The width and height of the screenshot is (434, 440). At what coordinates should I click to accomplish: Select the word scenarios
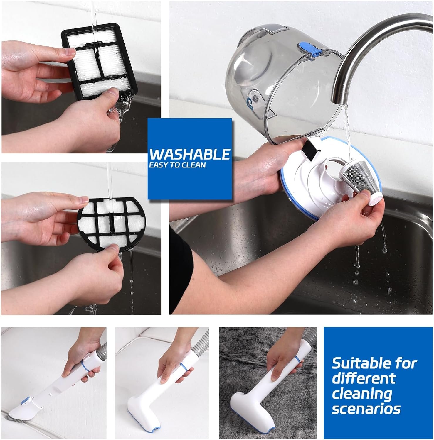click(x=366, y=409)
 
